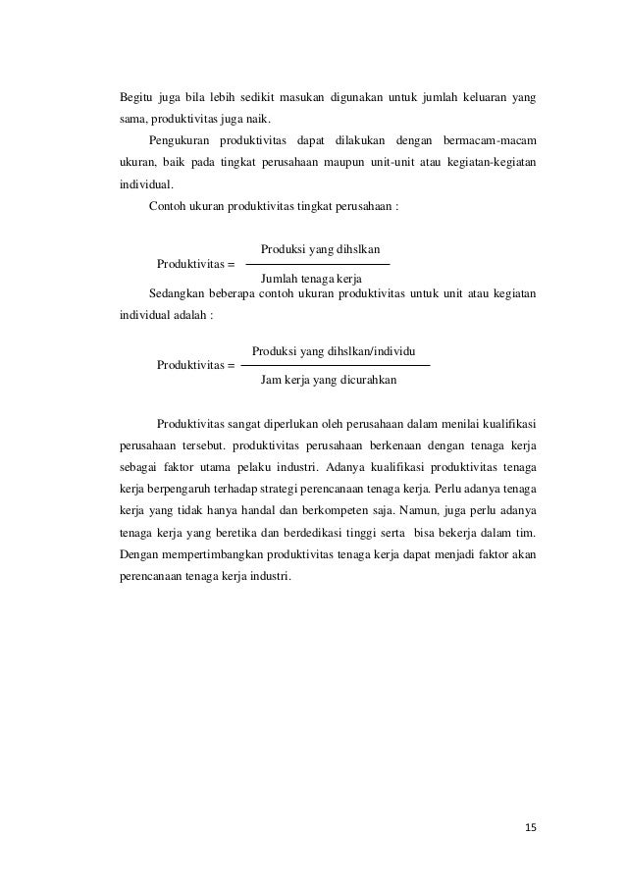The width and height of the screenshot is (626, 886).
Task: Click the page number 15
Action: pyautogui.click(x=530, y=827)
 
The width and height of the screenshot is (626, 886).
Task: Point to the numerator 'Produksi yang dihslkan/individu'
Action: pyautogui.click(x=333, y=350)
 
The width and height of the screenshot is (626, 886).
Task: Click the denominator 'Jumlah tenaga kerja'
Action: pyautogui.click(x=311, y=280)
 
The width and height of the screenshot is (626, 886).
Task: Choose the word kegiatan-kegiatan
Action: pyautogui.click(x=490, y=159)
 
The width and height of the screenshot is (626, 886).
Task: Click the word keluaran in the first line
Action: pyautogui.click(x=477, y=98)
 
